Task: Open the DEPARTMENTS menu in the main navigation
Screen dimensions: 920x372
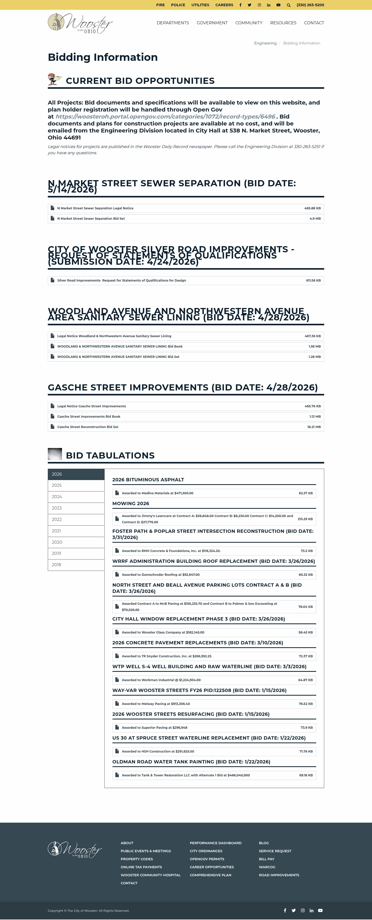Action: click(x=173, y=23)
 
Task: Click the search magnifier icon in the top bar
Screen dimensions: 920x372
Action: click(x=289, y=5)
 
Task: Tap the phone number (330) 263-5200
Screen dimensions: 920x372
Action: click(x=310, y=5)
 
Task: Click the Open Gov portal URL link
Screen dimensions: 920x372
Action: click(x=165, y=116)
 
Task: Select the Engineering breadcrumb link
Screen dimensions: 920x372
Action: click(x=265, y=43)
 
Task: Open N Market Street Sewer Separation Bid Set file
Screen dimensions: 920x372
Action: click(x=91, y=219)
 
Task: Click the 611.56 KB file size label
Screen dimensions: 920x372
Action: click(x=313, y=280)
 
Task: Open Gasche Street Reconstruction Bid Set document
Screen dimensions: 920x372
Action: click(x=88, y=427)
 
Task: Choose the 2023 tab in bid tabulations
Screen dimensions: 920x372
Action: click(x=57, y=508)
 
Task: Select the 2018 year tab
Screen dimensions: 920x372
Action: click(x=57, y=565)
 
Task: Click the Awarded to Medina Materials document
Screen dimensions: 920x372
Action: click(x=157, y=493)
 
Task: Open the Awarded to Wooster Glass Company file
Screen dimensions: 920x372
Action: click(x=163, y=632)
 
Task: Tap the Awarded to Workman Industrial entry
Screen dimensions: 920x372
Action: click(x=161, y=680)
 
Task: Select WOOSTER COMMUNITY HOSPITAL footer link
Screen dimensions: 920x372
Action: click(x=151, y=875)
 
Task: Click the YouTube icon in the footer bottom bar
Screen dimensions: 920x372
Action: click(x=320, y=910)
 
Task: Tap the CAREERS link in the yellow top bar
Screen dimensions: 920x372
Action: click(x=224, y=5)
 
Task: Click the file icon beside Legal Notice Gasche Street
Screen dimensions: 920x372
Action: click(x=52, y=406)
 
